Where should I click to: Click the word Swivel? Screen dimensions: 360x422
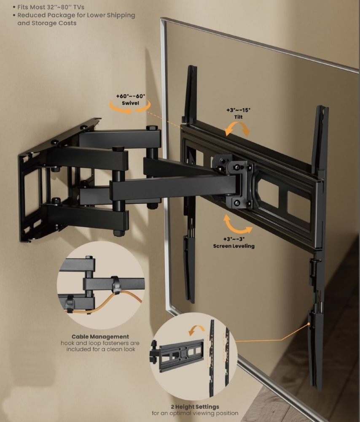130,103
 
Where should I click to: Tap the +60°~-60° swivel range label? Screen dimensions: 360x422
131,96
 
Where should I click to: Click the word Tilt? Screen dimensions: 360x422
238,117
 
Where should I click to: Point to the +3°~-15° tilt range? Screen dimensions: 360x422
238,110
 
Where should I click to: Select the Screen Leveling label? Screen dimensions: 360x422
234,246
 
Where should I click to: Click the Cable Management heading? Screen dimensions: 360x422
100,336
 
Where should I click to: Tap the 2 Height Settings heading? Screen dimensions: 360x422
195,407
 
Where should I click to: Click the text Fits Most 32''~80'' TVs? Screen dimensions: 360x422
51,7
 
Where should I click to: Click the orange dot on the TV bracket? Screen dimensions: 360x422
309,324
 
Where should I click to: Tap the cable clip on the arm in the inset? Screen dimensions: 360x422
116,284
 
